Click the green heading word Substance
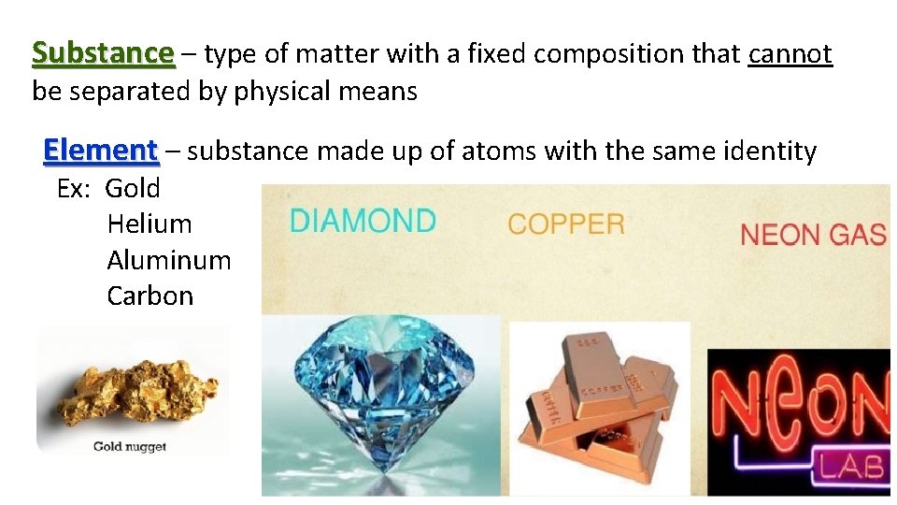pos(103,53)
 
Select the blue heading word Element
pos(101,150)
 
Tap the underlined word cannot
pos(790,54)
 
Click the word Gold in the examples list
pos(133,188)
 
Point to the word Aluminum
pos(168,260)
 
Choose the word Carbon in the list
pos(149,296)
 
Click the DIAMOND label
pos(363,222)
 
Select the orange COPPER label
pos(565,224)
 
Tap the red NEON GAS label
pos(813,235)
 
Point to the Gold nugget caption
pos(130,446)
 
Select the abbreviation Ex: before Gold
pos(73,188)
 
